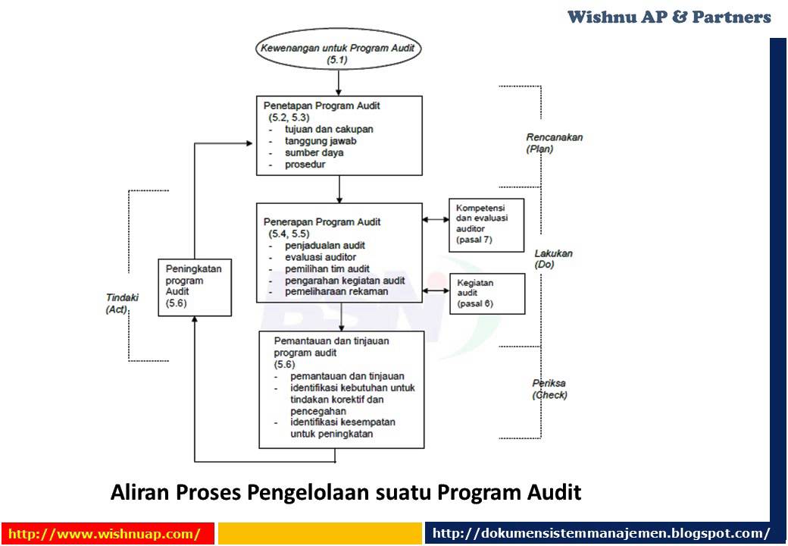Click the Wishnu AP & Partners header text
tap(669, 17)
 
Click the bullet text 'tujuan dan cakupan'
tap(329, 130)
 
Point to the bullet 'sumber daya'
tap(314, 152)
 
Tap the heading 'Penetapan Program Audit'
tap(322, 106)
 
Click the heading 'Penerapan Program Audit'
tap(322, 222)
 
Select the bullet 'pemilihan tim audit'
tap(327, 268)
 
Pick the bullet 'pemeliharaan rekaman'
tap(336, 291)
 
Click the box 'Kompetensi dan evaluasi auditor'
tap(486, 224)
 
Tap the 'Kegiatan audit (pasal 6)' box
tap(486, 293)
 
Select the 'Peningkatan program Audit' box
tap(194, 286)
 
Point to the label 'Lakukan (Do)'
tap(553, 259)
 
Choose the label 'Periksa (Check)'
tap(549, 389)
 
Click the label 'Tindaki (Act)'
tap(118, 304)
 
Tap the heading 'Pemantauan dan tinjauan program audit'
tap(331, 347)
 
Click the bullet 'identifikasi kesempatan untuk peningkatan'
tap(342, 428)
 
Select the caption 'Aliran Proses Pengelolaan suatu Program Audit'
tap(346, 493)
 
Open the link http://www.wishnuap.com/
tap(105, 534)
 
